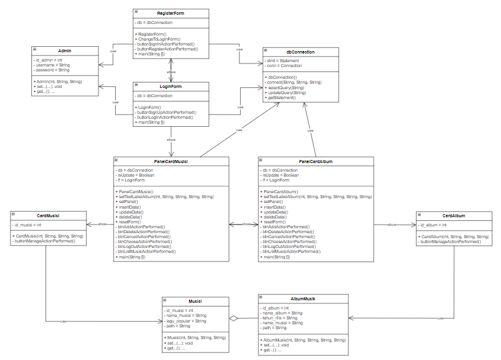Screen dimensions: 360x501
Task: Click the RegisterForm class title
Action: coord(170,12)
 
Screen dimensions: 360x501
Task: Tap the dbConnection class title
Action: coord(300,52)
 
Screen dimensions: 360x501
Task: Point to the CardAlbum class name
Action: coord(454,215)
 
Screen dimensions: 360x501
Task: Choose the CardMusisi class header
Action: coord(47,215)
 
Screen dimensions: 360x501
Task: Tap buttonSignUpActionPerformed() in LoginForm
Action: coord(166,113)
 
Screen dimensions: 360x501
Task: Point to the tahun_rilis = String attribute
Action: coord(280,318)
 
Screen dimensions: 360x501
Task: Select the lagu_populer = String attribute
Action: coord(185,321)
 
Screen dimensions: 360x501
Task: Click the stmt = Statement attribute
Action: coord(283,61)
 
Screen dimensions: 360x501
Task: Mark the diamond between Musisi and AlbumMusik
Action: coord(233,318)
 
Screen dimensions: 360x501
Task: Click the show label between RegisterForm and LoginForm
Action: coord(171,72)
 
